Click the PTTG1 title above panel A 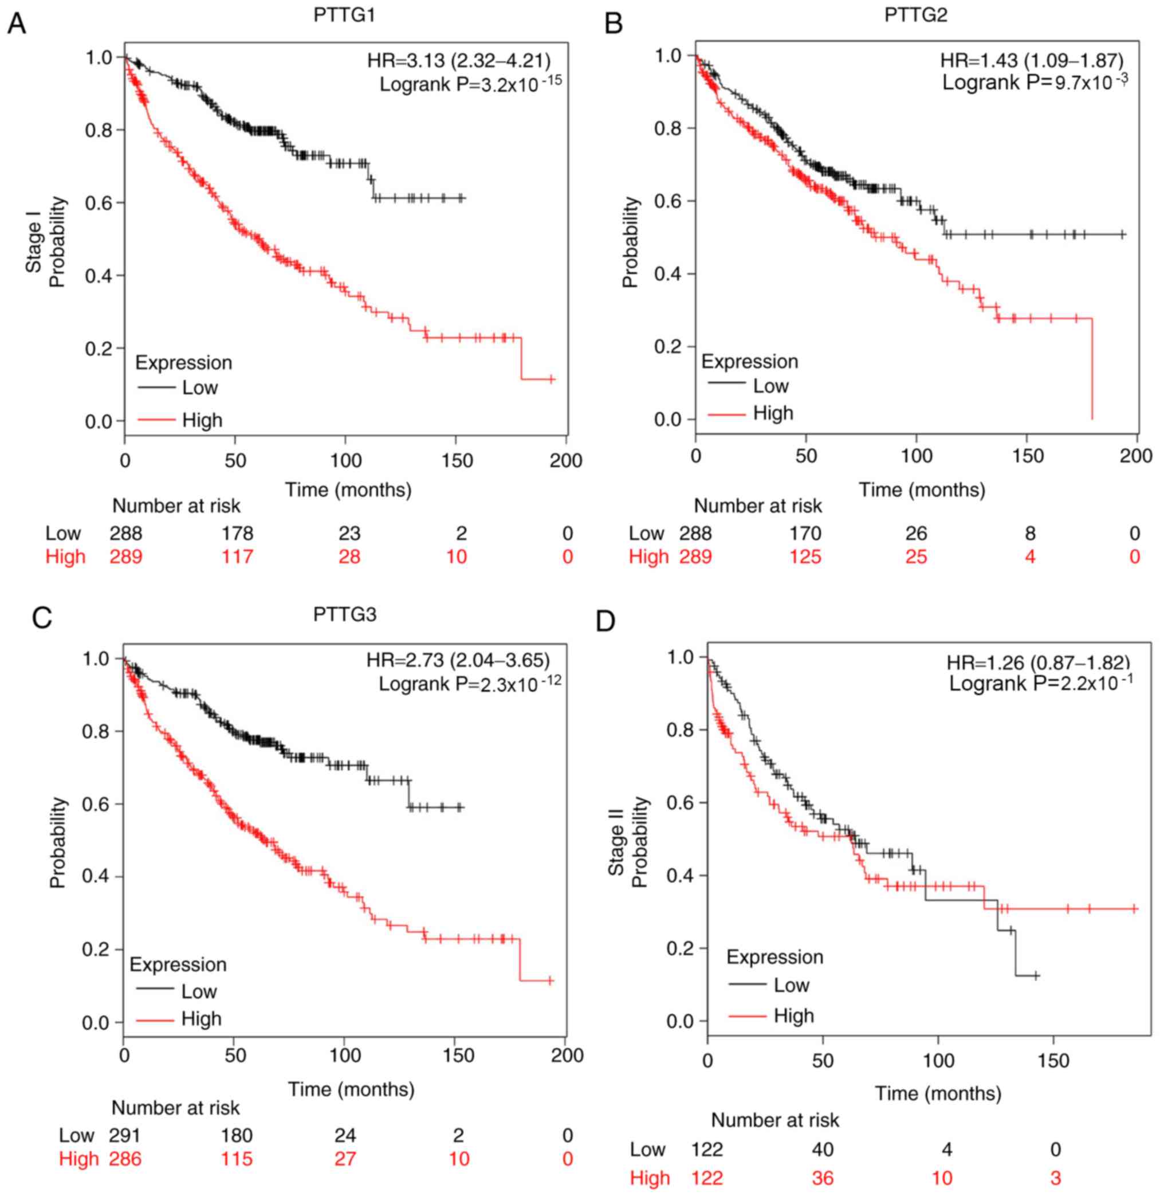click(x=344, y=15)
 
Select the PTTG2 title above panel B click(x=916, y=15)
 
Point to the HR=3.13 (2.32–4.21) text click(x=458, y=61)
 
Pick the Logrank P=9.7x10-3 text click(x=1035, y=82)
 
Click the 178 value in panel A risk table click(x=237, y=533)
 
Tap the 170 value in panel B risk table click(x=805, y=533)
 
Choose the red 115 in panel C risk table click(x=237, y=1159)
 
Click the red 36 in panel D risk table click(x=823, y=1178)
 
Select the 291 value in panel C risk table click(x=125, y=1135)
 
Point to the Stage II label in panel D click(x=616, y=850)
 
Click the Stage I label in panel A click(x=34, y=246)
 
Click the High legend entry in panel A click(x=202, y=420)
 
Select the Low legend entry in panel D click(x=791, y=985)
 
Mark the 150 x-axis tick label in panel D click(x=1053, y=1059)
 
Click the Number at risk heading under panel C click(x=175, y=1107)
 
